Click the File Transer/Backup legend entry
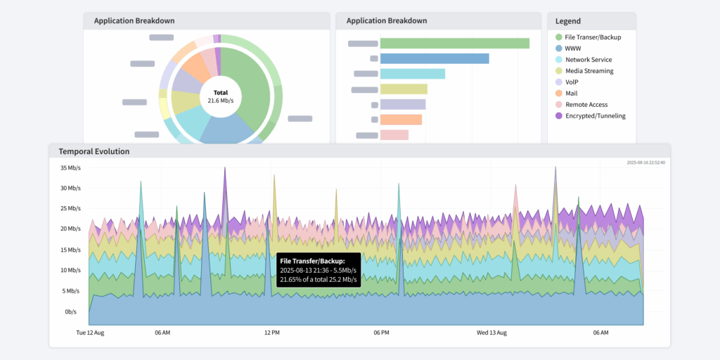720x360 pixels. pyautogui.click(x=593, y=37)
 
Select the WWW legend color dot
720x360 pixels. pyautogui.click(x=558, y=49)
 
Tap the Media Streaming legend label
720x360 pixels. pyautogui.click(x=589, y=71)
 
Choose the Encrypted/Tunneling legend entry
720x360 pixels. pyautogui.click(x=595, y=116)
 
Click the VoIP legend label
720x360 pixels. pyautogui.click(x=572, y=82)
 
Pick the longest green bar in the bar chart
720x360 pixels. pyautogui.click(x=454, y=44)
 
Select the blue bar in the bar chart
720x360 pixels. pyautogui.click(x=435, y=58)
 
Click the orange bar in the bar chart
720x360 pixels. pyautogui.click(x=401, y=120)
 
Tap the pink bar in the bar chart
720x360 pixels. pyautogui.click(x=394, y=135)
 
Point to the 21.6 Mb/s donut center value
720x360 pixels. pyautogui.click(x=221, y=101)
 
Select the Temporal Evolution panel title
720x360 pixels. pyautogui.click(x=94, y=151)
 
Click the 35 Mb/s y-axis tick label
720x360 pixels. pyautogui.click(x=71, y=168)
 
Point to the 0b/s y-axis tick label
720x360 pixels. pyautogui.click(x=71, y=311)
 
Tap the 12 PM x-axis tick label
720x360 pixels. pyautogui.click(x=271, y=333)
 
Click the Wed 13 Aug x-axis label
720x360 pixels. pyautogui.click(x=491, y=333)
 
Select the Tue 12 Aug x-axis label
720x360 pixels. pyautogui.click(x=90, y=333)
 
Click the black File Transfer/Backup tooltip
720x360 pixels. pyautogui.click(x=319, y=270)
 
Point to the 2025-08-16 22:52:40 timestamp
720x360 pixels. pyautogui.click(x=645, y=162)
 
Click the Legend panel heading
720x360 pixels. pyautogui.click(x=568, y=21)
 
